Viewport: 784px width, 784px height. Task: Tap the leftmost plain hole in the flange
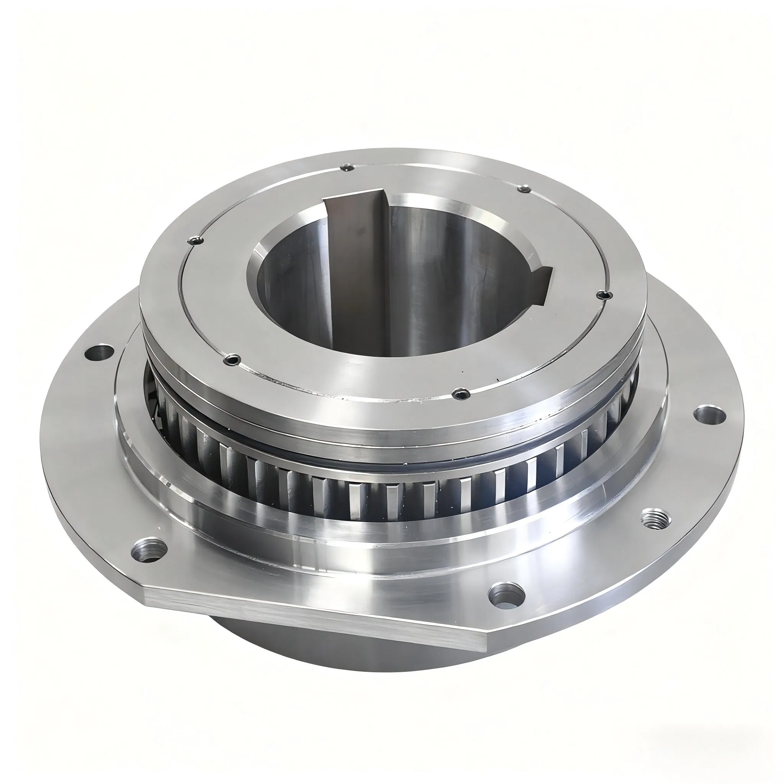tap(100, 352)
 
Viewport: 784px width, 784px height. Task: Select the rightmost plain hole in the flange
tap(710, 414)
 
